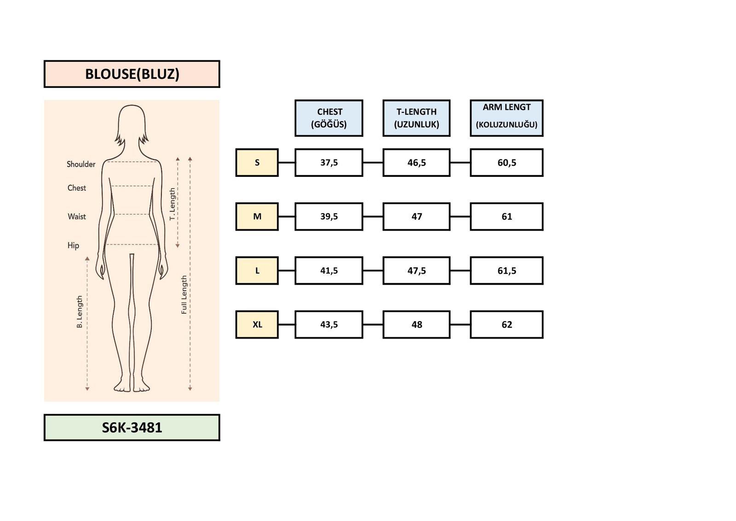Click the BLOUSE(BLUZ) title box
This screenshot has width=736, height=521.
click(x=132, y=74)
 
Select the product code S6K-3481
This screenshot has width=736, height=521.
click(x=132, y=427)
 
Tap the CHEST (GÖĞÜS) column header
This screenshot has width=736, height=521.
click(x=328, y=118)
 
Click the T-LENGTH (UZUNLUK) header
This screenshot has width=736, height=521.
click(x=416, y=118)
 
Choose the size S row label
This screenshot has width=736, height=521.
click(x=257, y=162)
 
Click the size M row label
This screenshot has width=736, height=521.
click(x=257, y=217)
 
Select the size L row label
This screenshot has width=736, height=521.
click(x=257, y=270)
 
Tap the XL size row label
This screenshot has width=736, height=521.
click(x=257, y=324)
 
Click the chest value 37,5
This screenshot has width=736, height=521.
click(x=328, y=162)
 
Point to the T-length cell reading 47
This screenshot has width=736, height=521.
click(x=416, y=217)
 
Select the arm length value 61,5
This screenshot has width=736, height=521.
click(x=506, y=270)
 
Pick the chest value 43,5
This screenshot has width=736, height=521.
click(x=328, y=324)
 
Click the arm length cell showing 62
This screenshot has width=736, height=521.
click(x=506, y=324)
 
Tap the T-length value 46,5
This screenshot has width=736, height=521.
click(x=416, y=162)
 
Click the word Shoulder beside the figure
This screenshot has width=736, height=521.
click(x=81, y=164)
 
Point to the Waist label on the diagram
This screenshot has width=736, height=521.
click(x=77, y=217)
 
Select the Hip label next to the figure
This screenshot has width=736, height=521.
click(x=73, y=245)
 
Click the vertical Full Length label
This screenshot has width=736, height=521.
click(x=184, y=295)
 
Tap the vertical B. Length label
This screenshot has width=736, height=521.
click(x=80, y=312)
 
